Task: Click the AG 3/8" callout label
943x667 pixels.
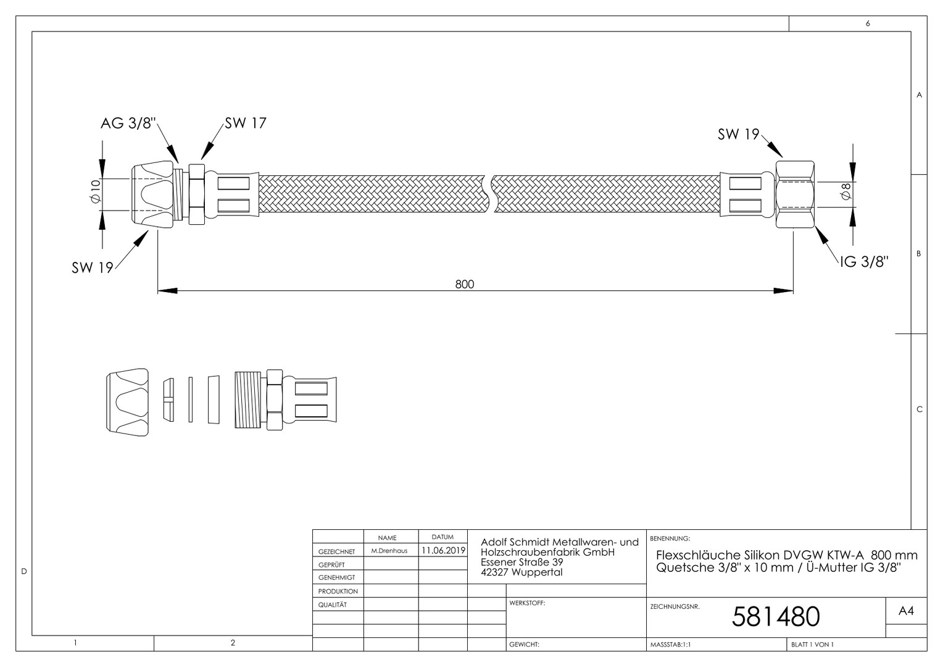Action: coord(128,123)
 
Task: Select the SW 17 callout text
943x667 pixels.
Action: coord(246,123)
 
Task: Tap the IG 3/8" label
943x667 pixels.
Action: coord(864,262)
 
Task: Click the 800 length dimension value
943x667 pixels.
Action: coord(464,285)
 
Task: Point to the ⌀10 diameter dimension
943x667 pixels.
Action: coord(96,191)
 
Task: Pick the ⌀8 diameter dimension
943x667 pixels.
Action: coord(845,191)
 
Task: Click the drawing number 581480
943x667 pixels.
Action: coord(776,616)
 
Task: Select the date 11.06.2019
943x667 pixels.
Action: coord(443,550)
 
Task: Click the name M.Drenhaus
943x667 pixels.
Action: coord(389,551)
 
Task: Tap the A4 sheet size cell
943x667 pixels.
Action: coord(906,611)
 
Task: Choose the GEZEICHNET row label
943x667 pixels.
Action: coord(337,552)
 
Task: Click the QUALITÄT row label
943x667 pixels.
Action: coord(333,605)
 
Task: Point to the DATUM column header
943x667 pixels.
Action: coord(442,537)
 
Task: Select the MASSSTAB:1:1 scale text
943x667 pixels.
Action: coord(671,644)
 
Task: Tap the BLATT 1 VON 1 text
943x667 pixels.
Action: coord(813,644)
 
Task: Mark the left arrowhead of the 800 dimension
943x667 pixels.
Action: coord(167,291)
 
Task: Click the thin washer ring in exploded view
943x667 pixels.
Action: coord(191,400)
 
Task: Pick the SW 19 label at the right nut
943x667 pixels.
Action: coord(738,135)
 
